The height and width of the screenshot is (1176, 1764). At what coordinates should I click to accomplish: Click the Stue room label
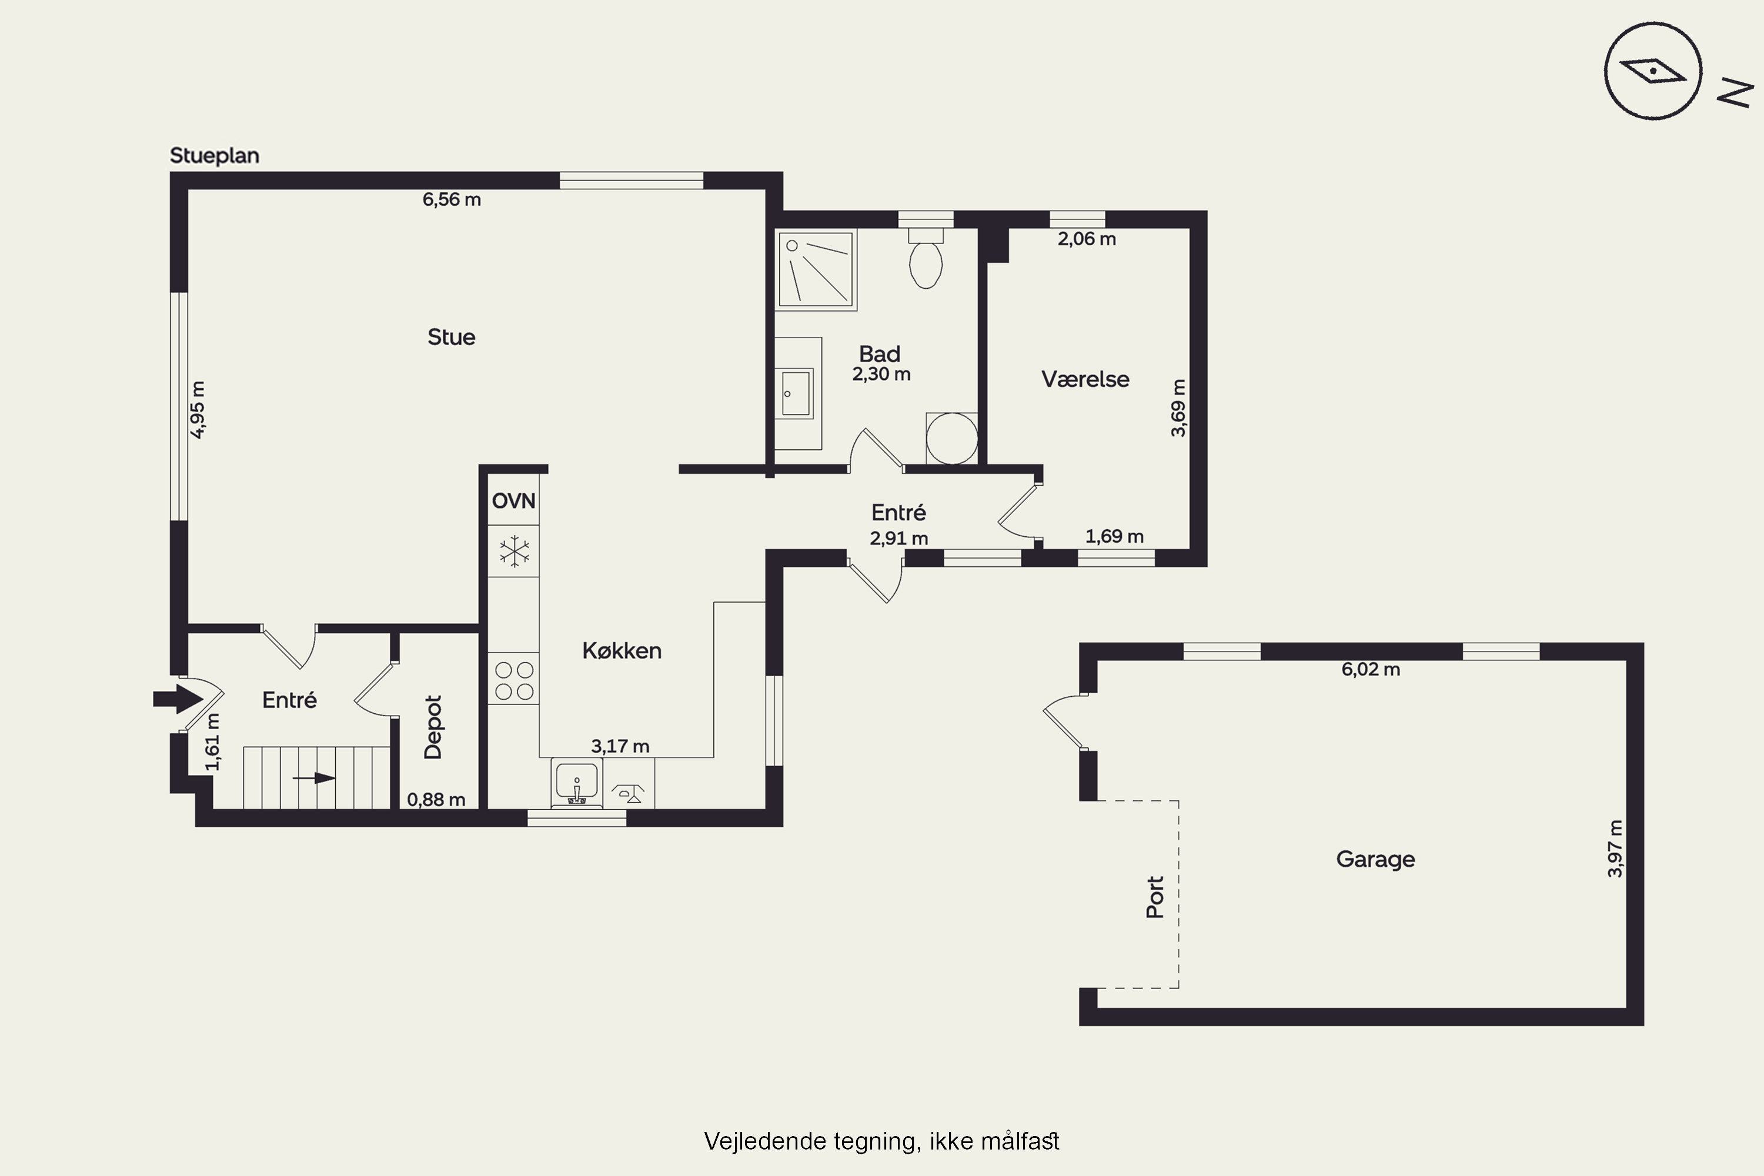(451, 337)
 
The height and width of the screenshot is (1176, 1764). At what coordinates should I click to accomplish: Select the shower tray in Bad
(816, 270)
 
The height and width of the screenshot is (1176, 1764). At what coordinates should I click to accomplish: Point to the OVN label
(514, 500)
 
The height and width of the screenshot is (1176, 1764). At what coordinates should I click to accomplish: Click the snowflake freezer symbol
(514, 552)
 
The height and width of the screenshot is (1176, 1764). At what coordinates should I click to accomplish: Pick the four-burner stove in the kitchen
(514, 679)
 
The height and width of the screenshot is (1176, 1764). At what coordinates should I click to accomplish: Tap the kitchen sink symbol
(577, 782)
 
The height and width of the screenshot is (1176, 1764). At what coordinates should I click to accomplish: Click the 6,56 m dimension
(452, 199)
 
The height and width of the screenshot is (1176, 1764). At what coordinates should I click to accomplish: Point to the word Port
(1155, 897)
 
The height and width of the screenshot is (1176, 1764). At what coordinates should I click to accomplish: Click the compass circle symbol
(1653, 71)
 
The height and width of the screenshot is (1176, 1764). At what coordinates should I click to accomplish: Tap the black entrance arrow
(178, 699)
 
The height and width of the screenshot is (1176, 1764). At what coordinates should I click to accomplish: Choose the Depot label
(433, 727)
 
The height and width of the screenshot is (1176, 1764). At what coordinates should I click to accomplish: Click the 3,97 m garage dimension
(1615, 848)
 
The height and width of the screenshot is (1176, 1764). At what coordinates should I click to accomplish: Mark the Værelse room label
(1085, 379)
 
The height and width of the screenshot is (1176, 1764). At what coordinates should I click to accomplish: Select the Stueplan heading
(215, 156)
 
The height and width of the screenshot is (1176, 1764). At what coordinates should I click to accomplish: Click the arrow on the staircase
(314, 778)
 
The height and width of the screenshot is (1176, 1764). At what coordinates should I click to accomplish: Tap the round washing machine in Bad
(952, 439)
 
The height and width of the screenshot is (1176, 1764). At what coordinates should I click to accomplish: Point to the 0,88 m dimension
(436, 800)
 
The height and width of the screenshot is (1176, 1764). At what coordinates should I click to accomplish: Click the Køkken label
(622, 650)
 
